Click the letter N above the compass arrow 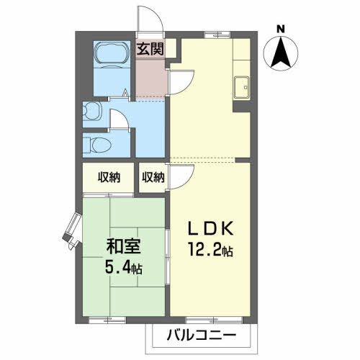[x=281, y=29]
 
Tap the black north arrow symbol [x=281, y=52]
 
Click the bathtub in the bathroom [x=111, y=57]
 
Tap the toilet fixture [x=97, y=143]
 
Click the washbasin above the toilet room [x=91, y=111]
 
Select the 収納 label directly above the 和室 [x=108, y=177]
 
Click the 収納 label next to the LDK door [x=153, y=177]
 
